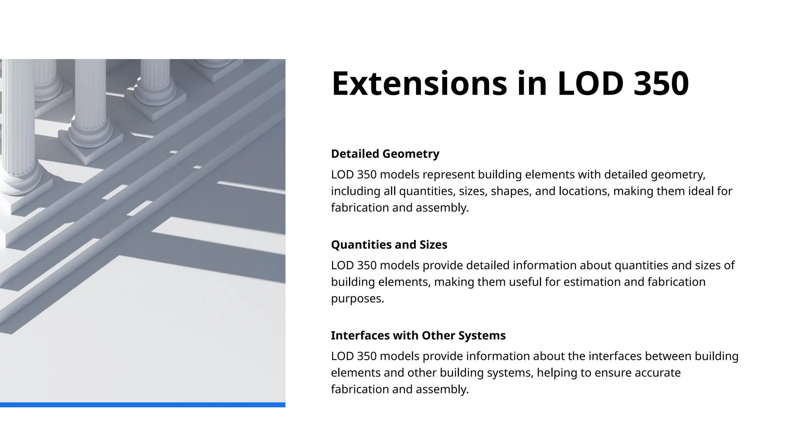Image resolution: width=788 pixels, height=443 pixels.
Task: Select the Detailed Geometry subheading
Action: [x=385, y=154]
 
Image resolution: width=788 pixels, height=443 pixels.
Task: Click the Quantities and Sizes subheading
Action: [x=389, y=245]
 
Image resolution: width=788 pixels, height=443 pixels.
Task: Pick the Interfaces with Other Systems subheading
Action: [x=418, y=335]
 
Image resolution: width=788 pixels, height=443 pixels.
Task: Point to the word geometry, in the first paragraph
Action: [x=678, y=175]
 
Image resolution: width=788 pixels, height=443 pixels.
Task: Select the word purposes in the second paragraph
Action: [x=357, y=298]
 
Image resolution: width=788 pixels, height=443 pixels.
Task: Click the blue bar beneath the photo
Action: [x=142, y=405]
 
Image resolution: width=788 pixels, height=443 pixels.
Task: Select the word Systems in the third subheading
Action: [x=482, y=335]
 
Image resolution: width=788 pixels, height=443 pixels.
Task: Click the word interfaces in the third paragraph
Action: [x=614, y=356]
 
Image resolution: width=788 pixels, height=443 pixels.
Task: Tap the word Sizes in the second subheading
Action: [x=433, y=245]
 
